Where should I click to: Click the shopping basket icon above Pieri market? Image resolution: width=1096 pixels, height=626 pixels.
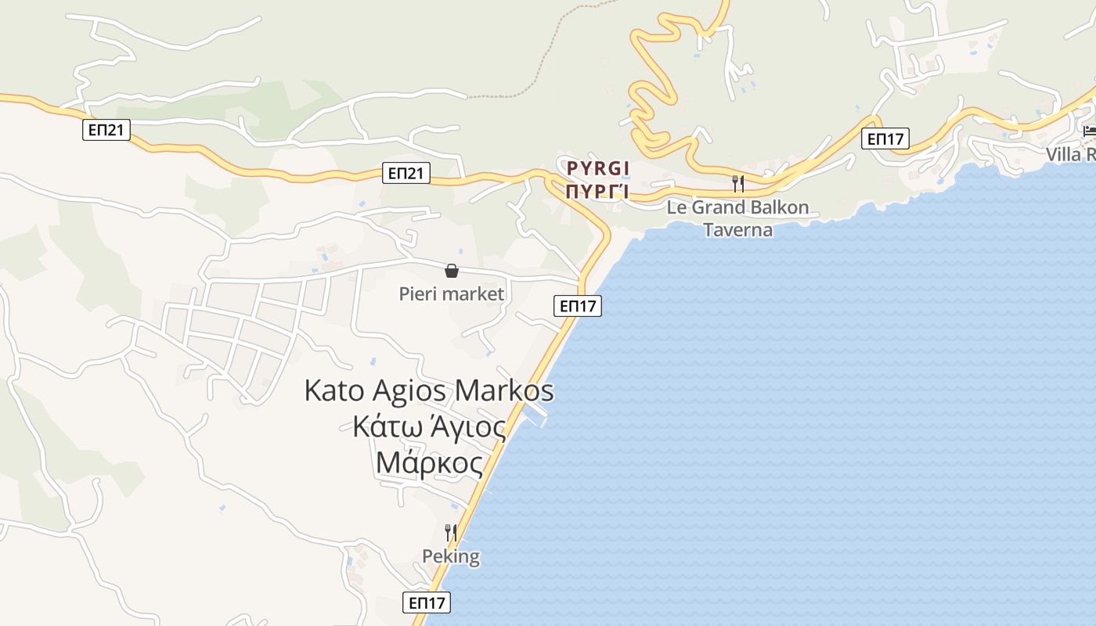[x=452, y=271]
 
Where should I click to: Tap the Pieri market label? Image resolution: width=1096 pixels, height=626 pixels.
[x=452, y=294]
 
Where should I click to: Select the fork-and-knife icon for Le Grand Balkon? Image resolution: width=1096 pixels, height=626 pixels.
[x=737, y=184]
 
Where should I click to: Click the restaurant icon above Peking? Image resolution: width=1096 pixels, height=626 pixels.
[x=451, y=533]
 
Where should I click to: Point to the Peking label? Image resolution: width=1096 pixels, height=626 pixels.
[x=451, y=557]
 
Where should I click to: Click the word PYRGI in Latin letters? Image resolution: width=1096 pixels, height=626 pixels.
[x=598, y=168]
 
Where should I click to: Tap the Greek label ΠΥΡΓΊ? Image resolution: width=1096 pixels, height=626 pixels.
[x=598, y=192]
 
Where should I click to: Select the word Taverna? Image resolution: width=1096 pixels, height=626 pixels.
[x=737, y=230]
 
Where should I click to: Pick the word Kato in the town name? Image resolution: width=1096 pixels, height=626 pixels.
[x=335, y=390]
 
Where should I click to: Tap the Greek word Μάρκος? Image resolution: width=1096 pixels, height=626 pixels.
[x=429, y=462]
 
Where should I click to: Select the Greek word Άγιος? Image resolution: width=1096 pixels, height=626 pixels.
[x=467, y=427]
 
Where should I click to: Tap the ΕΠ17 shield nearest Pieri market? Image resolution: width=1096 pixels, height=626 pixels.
[x=579, y=306]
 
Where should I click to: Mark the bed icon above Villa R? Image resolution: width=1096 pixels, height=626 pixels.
[x=1089, y=131]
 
